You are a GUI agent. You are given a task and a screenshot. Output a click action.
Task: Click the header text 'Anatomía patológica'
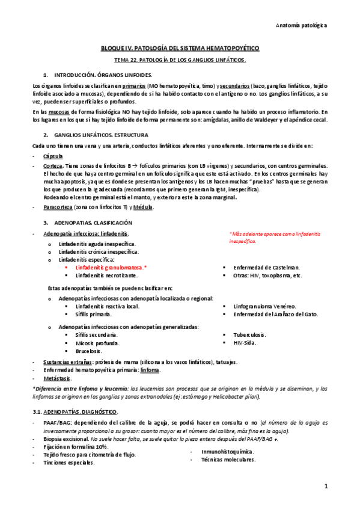(301, 26)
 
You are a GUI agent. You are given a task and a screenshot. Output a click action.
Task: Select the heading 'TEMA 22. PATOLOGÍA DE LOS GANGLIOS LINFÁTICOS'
(180, 61)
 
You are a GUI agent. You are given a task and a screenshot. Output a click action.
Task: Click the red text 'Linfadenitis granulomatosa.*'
(111, 267)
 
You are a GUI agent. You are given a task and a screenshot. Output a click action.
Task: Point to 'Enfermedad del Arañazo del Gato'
(276, 314)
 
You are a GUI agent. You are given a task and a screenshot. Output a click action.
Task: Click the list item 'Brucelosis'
(88, 351)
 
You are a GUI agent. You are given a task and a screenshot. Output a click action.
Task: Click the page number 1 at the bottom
(326, 486)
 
